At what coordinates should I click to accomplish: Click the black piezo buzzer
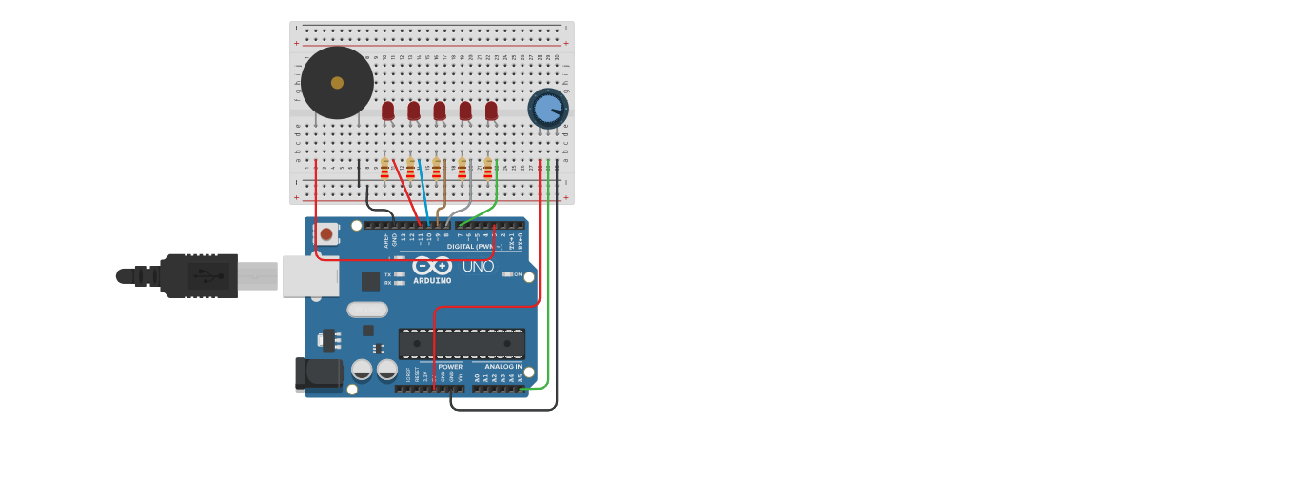(337, 83)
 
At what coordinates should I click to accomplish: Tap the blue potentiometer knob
(547, 109)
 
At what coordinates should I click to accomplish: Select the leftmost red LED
(387, 111)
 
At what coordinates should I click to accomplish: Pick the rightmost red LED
(491, 111)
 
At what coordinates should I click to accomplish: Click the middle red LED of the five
(439, 111)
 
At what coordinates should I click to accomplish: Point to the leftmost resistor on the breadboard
(384, 169)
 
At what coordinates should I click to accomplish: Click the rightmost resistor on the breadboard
(488, 169)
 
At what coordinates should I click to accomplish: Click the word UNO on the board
(477, 267)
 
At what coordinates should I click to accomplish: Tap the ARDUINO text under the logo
(432, 281)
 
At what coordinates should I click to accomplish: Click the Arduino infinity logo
(432, 266)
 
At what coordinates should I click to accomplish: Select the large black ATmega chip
(462, 343)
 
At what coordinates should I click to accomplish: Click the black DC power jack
(318, 374)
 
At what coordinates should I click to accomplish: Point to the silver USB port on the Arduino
(310, 275)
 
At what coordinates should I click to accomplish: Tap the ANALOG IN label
(502, 367)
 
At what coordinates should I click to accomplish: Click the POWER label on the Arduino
(450, 367)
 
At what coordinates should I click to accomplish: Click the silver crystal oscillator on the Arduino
(367, 309)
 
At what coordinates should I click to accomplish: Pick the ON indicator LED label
(518, 274)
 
